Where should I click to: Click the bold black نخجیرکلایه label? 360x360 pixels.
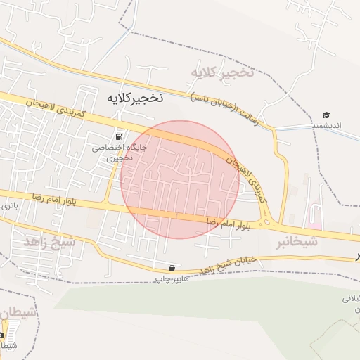(x=134, y=98)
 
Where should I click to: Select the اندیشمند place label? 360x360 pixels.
(x=326, y=126)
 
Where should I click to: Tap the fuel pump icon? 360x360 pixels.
(x=118, y=136)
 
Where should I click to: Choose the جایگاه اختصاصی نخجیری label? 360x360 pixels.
(x=108, y=153)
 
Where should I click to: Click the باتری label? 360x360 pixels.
(x=8, y=207)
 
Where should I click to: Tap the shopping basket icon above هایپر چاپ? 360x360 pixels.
(x=172, y=269)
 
